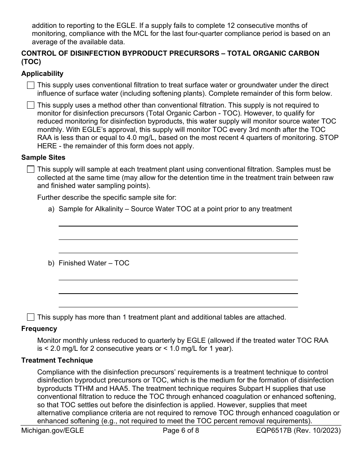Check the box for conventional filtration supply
tap(30, 85)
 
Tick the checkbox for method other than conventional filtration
tap(30, 105)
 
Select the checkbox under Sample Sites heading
tap(30, 169)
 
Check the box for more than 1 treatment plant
tap(30, 317)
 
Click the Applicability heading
tap(42, 74)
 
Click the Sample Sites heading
tap(43, 157)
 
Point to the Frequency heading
tap(39, 329)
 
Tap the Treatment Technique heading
tap(57, 360)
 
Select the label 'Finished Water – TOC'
tap(94, 263)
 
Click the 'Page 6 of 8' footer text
tap(181, 431)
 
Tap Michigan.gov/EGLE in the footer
tap(53, 431)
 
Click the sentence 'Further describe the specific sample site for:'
tap(107, 197)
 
